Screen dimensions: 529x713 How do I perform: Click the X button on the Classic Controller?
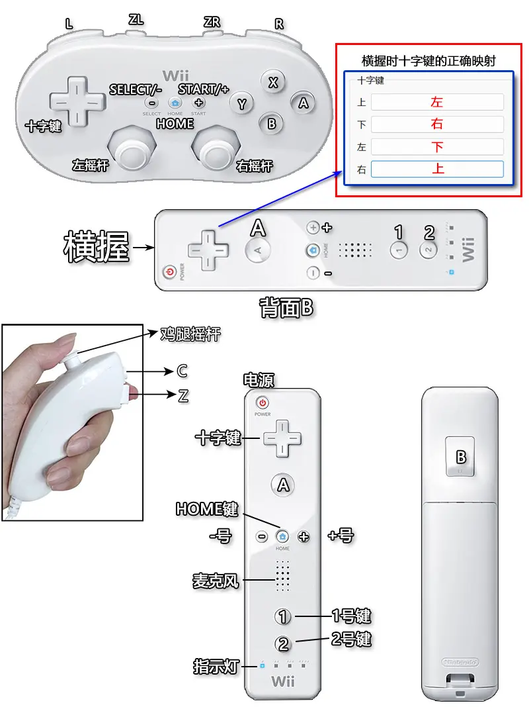click(x=273, y=82)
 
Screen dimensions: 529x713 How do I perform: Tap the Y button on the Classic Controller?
click(x=241, y=104)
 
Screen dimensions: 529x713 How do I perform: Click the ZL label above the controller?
click(x=136, y=20)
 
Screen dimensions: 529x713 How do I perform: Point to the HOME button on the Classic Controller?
click(x=175, y=103)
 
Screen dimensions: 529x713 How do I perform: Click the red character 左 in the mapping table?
click(x=437, y=102)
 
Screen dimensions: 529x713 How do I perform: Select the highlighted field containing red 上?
click(x=437, y=169)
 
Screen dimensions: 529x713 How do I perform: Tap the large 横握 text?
click(x=97, y=247)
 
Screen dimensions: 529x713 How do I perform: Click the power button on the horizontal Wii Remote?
click(x=170, y=272)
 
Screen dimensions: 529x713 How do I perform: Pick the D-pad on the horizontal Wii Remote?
click(x=208, y=250)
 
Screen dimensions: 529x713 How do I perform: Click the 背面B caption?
click(x=286, y=308)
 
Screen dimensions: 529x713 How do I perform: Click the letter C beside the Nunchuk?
click(x=182, y=371)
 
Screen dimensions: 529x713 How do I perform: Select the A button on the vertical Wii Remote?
click(x=283, y=485)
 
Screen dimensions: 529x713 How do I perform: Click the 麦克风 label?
click(x=215, y=581)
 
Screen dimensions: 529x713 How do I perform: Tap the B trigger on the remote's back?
click(x=460, y=457)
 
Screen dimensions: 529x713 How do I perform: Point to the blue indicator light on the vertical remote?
click(x=262, y=666)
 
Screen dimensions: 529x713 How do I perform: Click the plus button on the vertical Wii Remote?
click(x=304, y=537)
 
